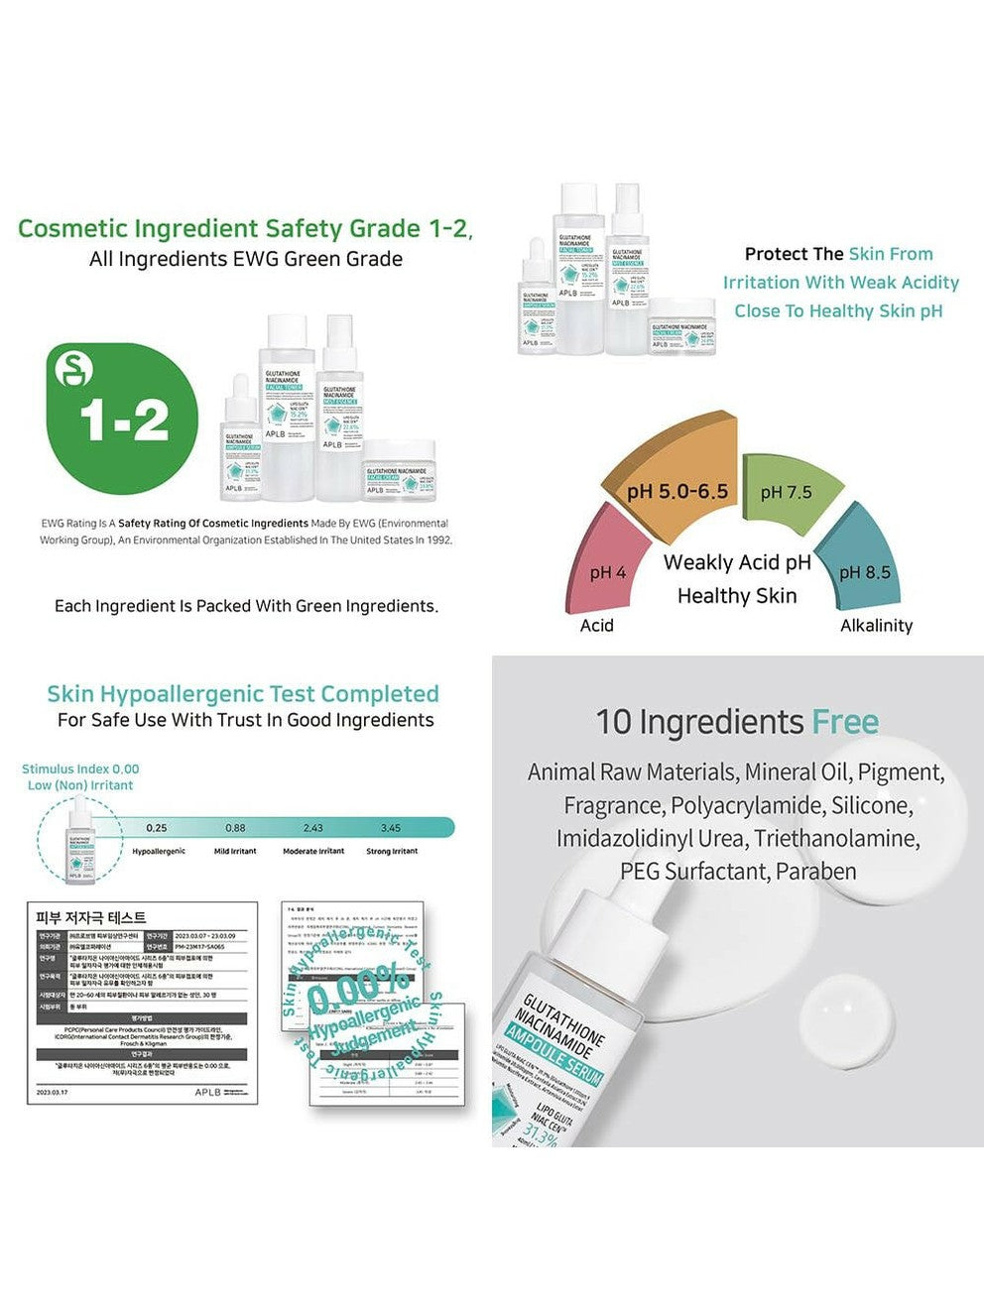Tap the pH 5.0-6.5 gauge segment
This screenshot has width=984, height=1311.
click(x=678, y=483)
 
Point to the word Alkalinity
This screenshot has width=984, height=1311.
click(x=876, y=626)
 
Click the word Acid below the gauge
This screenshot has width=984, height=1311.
click(x=596, y=626)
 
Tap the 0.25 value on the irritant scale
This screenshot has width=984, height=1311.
click(x=156, y=828)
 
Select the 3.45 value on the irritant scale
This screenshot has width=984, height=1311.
click(x=391, y=828)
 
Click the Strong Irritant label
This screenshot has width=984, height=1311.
click(x=392, y=852)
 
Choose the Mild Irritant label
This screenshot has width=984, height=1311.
click(x=235, y=852)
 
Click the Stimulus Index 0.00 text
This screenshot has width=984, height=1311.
click(x=80, y=769)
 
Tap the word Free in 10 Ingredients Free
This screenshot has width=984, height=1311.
click(x=845, y=722)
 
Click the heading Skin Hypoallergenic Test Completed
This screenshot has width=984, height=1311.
click(x=243, y=694)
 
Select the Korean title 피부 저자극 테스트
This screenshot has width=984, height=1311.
click(x=91, y=917)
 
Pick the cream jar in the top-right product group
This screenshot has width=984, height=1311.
click(x=682, y=325)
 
